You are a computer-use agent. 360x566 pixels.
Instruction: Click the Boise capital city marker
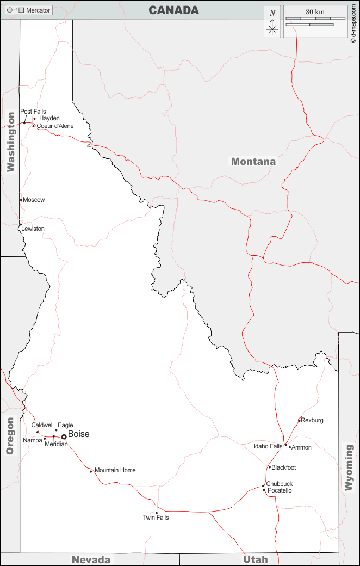(64, 436)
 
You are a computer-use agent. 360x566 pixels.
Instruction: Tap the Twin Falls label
(156, 518)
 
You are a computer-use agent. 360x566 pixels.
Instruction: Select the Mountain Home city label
(115, 470)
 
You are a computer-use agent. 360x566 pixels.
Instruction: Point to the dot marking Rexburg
(299, 420)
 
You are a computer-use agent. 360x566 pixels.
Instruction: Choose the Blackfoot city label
(284, 467)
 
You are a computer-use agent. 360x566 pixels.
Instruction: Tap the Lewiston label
(33, 229)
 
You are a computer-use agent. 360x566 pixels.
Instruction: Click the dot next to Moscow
(21, 200)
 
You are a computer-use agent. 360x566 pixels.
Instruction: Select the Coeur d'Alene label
(55, 126)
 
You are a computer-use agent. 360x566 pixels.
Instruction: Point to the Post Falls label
(33, 112)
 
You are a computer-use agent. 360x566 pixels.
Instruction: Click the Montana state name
(253, 161)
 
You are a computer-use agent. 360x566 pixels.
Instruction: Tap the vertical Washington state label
(11, 142)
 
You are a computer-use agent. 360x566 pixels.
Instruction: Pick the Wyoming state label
(349, 468)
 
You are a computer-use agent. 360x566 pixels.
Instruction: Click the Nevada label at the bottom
(91, 559)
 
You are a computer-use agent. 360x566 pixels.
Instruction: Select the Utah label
(255, 559)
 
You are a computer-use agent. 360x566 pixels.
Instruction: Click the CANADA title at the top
(173, 10)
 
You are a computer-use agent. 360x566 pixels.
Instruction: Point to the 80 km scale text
(315, 11)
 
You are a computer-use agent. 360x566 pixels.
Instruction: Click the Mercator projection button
(29, 10)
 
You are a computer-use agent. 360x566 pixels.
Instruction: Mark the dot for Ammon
(290, 447)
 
